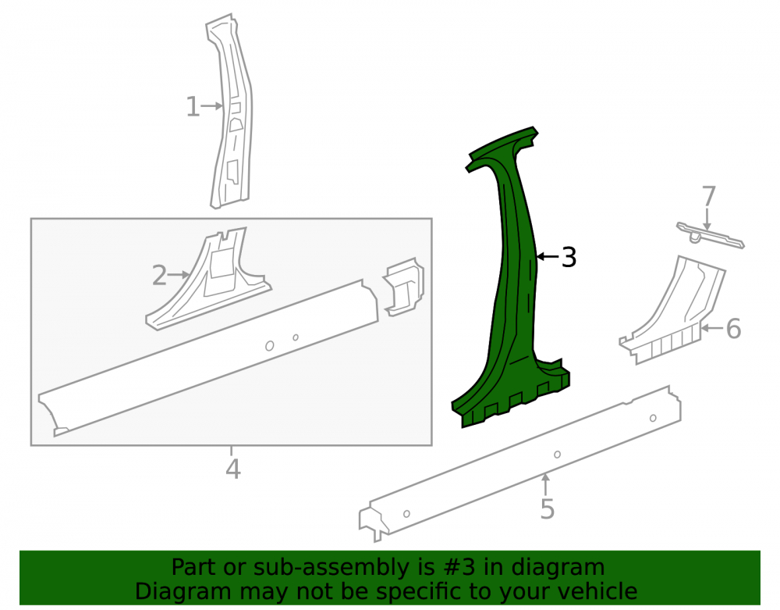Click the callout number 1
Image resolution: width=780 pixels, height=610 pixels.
tap(193, 107)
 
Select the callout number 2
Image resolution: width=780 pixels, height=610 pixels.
tap(159, 276)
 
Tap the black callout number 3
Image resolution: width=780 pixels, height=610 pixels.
tap(569, 258)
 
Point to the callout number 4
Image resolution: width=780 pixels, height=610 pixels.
tap(232, 469)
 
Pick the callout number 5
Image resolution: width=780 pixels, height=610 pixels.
tap(548, 509)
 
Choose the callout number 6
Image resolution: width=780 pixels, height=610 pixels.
tap(733, 329)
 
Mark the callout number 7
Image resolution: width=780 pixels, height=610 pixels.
tap(709, 196)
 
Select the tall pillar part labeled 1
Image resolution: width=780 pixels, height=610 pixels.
tap(231, 112)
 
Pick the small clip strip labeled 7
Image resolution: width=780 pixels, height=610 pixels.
tap(710, 235)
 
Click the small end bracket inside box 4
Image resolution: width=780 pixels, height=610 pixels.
tap(403, 287)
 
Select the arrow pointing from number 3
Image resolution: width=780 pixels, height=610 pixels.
tap(548, 257)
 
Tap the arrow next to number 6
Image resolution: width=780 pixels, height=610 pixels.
tap(712, 328)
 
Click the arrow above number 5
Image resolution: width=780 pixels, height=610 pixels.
tap(546, 484)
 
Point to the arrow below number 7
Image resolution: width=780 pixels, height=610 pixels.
tap(707, 219)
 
